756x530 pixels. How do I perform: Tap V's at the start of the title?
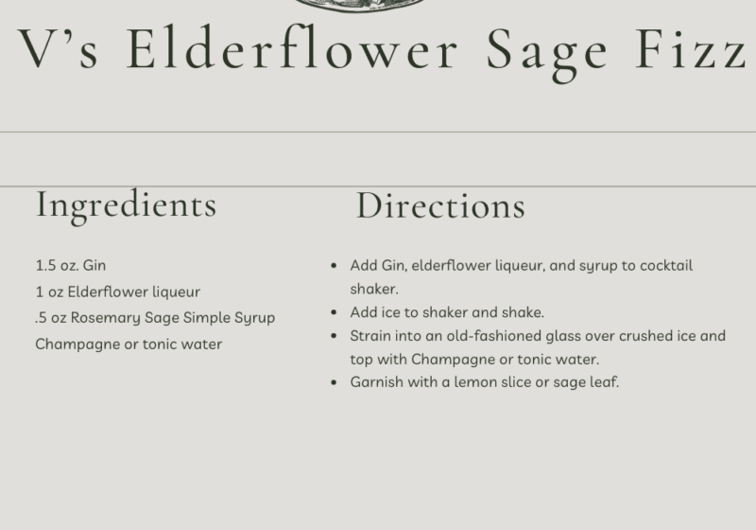58,48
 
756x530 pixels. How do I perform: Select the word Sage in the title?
547,54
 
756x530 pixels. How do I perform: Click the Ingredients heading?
127,206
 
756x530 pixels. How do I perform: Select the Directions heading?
440,206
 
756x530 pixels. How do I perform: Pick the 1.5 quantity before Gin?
45,266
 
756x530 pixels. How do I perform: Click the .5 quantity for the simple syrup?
41,318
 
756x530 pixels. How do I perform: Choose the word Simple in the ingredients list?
206,319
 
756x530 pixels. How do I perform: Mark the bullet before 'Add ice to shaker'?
335,312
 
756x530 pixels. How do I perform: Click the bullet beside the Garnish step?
335,382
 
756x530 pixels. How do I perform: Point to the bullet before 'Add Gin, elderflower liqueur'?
335,266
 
